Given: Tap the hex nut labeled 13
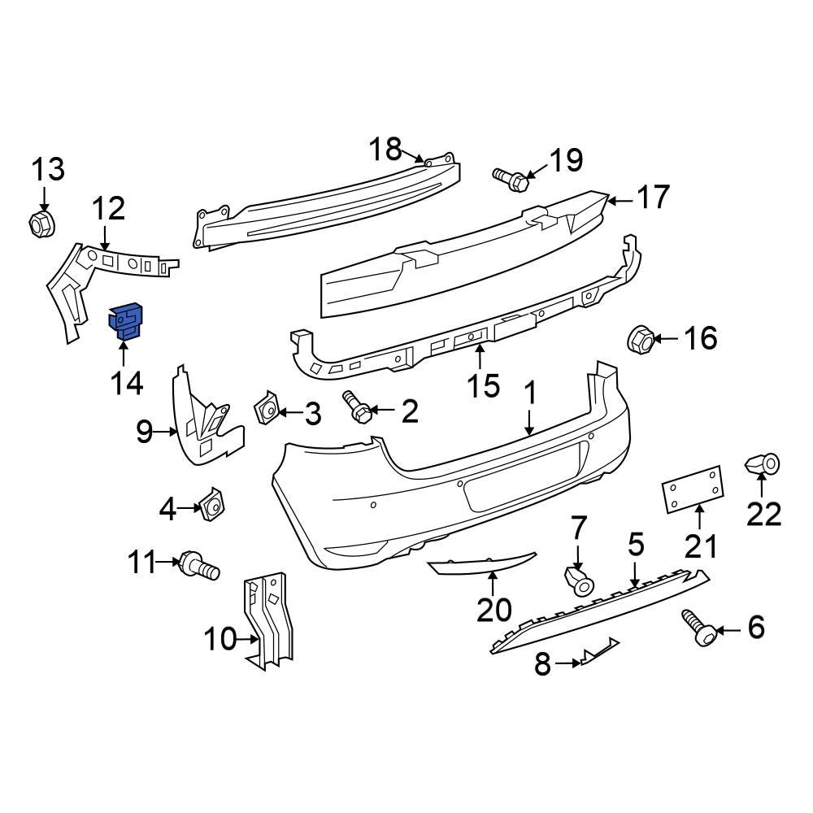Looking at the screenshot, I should click(x=41, y=223).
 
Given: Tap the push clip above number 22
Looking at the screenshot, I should click(x=762, y=465).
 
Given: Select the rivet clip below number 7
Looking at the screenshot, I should click(x=577, y=580).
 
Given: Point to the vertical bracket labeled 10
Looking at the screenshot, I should click(x=270, y=622).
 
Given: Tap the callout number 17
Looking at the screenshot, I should click(x=653, y=198).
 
